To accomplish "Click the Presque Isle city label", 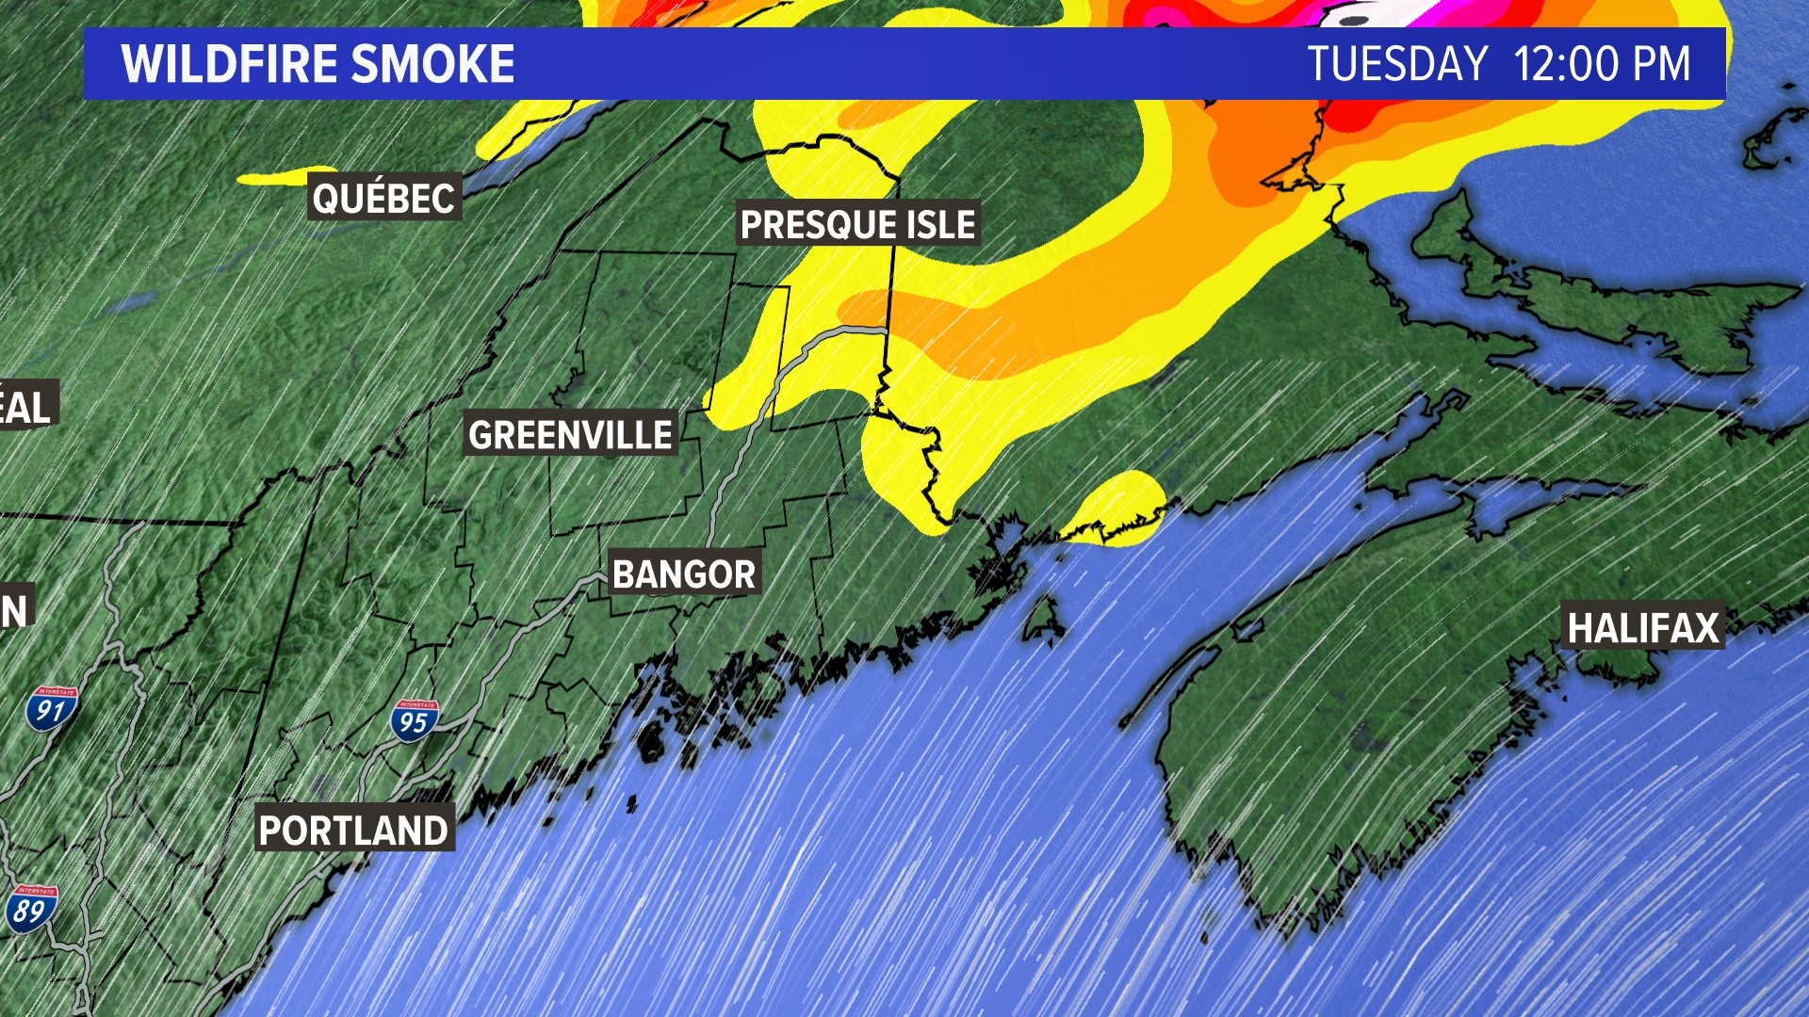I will [857, 224].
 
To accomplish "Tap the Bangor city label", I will [684, 573].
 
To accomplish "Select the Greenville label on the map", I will [570, 434].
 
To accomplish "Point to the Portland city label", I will [353, 830].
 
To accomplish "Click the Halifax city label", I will [1643, 628].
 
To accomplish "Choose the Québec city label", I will [383, 197].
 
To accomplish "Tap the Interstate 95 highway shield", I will [414, 720].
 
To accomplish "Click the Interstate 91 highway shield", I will [51, 708].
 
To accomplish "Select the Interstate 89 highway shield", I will [30, 908].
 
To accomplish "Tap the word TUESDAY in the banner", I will [1397, 64].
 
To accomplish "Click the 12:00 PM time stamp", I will [1602, 64].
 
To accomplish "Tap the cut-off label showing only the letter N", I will [15, 610].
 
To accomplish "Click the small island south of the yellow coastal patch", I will [1043, 621].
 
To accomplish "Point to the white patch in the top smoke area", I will [1357, 13].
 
